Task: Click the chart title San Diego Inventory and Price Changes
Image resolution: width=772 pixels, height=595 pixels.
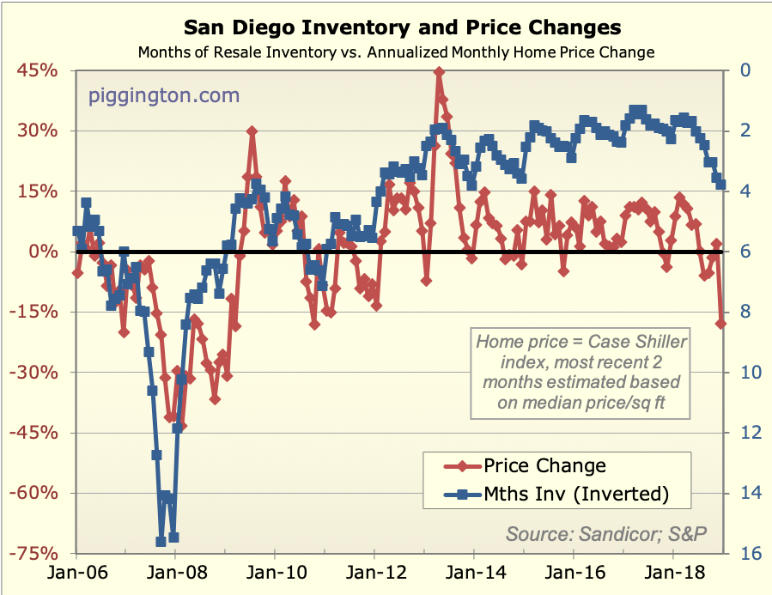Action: click(x=386, y=27)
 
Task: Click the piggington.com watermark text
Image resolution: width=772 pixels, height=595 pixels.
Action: click(x=164, y=94)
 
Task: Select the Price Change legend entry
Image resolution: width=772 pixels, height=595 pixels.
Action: click(x=544, y=466)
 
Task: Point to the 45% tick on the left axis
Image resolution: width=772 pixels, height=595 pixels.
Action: click(x=37, y=71)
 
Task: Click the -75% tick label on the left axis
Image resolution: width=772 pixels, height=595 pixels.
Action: click(x=34, y=554)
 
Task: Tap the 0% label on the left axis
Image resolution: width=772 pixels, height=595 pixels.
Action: click(x=43, y=252)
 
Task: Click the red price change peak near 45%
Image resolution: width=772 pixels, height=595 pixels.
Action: click(x=439, y=73)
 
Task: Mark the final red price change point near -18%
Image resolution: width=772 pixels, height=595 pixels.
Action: click(x=721, y=323)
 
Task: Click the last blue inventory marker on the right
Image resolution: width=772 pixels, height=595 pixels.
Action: click(x=721, y=185)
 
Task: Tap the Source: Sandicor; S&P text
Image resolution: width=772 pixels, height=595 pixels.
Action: click(x=606, y=533)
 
